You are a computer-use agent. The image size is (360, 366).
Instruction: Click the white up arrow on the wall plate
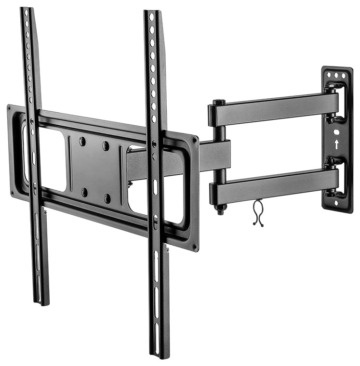pyautogui.click(x=337, y=144)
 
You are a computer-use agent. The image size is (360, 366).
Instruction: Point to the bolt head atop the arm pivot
pyautogui.click(x=218, y=102)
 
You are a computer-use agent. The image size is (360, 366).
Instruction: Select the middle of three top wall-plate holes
pyautogui.click(x=335, y=76)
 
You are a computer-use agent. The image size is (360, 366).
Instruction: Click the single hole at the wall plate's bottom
pyautogui.click(x=337, y=202)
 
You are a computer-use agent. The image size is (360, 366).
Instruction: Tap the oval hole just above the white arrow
pyautogui.click(x=337, y=131)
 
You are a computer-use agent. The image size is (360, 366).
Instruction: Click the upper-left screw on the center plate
pyautogui.click(x=82, y=141)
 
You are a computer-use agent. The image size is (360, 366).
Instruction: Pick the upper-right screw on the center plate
pyautogui.click(x=106, y=145)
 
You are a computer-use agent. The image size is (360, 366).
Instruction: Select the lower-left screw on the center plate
pyautogui.click(x=84, y=192)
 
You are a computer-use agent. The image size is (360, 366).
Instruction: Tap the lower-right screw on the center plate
pyautogui.click(x=107, y=197)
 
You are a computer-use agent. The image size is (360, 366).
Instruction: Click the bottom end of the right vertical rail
pyautogui.click(x=159, y=353)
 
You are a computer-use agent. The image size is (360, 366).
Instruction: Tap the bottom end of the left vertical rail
pyautogui.click(x=42, y=301)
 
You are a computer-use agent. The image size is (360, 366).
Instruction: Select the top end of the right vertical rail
pyautogui.click(x=151, y=14)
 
